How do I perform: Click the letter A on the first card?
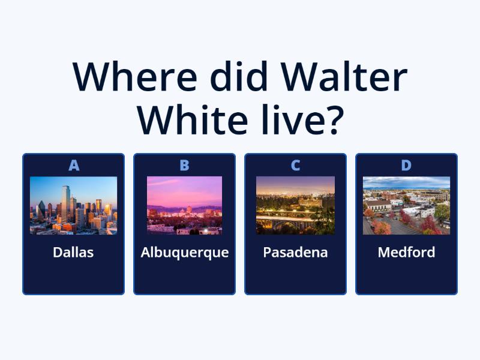click(x=74, y=166)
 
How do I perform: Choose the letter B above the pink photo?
click(x=184, y=166)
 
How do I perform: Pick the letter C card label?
click(x=295, y=166)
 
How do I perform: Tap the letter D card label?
click(x=406, y=166)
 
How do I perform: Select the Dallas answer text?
click(x=73, y=253)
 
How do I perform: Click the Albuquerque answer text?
click(x=184, y=253)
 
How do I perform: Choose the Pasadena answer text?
click(x=295, y=253)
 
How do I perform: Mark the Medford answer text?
click(x=406, y=253)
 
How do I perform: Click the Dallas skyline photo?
click(x=73, y=205)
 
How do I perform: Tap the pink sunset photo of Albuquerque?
click(x=184, y=205)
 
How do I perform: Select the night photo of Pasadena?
click(x=295, y=205)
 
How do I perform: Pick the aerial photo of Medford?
click(x=406, y=205)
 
